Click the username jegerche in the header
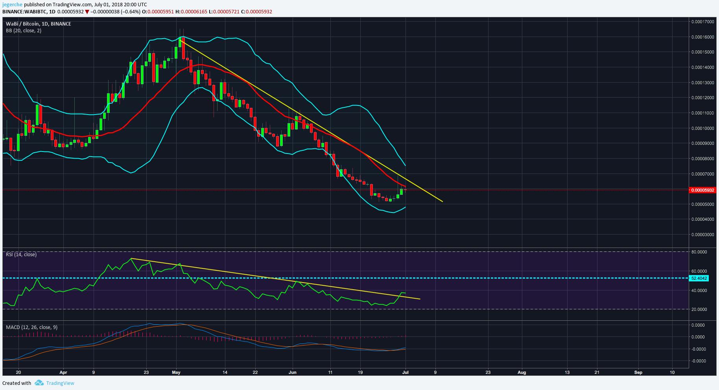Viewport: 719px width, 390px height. point(12,5)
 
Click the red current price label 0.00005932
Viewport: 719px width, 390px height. point(702,190)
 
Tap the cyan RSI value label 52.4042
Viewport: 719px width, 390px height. point(699,278)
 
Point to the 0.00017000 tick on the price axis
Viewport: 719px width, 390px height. point(702,22)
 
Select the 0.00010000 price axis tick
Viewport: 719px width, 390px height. point(702,128)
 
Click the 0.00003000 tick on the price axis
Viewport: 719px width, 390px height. point(702,235)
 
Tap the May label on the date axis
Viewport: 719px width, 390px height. point(176,372)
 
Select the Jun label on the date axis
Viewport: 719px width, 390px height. point(292,372)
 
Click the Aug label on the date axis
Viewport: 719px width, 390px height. point(522,372)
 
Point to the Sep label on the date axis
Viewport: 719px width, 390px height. point(638,372)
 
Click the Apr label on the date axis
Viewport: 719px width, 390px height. point(63,372)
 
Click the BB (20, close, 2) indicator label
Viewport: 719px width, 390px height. point(24,31)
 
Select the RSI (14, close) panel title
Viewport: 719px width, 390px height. point(21,255)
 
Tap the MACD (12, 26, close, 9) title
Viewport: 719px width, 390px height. point(31,327)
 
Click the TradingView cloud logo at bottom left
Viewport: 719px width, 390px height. point(39,383)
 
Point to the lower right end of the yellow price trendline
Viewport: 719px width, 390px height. point(442,201)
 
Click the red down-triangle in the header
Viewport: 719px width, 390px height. point(87,12)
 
